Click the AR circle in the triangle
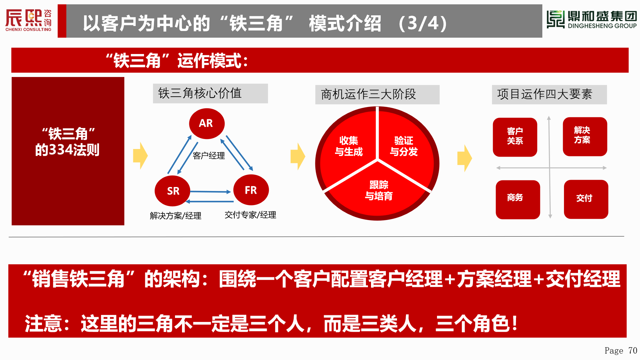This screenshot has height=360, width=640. tap(207, 124)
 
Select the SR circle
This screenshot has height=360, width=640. tap(172, 191)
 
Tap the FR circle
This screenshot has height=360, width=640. tap(251, 190)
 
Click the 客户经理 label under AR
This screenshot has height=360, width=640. tap(209, 156)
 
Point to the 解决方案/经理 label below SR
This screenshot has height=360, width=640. tap(176, 216)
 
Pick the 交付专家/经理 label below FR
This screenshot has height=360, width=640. tap(250, 215)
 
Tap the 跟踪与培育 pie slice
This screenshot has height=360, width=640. tap(379, 190)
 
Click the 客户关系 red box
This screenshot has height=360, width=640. tap(515, 137)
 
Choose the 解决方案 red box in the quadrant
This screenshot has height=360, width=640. tap(585, 136)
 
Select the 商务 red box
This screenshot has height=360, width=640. tap(518, 200)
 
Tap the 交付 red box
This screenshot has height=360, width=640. tap(586, 199)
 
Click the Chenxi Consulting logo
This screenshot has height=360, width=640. tap(29, 20)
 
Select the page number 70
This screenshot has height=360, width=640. tap(633, 351)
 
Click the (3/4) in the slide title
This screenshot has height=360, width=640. tap(423, 23)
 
